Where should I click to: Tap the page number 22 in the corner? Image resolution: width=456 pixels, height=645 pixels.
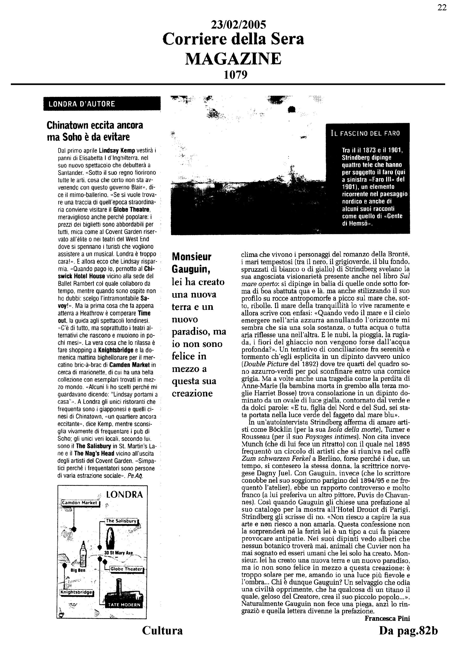pyautogui.click(x=442, y=7)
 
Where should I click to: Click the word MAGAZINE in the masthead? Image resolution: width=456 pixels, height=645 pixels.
pyautogui.click(x=233, y=59)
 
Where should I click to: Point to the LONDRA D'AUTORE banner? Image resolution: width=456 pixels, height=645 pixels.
pyautogui.click(x=102, y=104)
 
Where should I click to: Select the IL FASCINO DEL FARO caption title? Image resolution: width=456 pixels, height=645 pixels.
pyautogui.click(x=365, y=133)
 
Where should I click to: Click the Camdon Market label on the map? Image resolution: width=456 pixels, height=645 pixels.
pyautogui.click(x=80, y=503)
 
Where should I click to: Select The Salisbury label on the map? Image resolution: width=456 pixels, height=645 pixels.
pyautogui.click(x=121, y=521)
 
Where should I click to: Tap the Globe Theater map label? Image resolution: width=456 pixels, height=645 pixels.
pyautogui.click(x=126, y=569)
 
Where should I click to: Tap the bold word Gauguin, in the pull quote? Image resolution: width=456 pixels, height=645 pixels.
pyautogui.click(x=191, y=269)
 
